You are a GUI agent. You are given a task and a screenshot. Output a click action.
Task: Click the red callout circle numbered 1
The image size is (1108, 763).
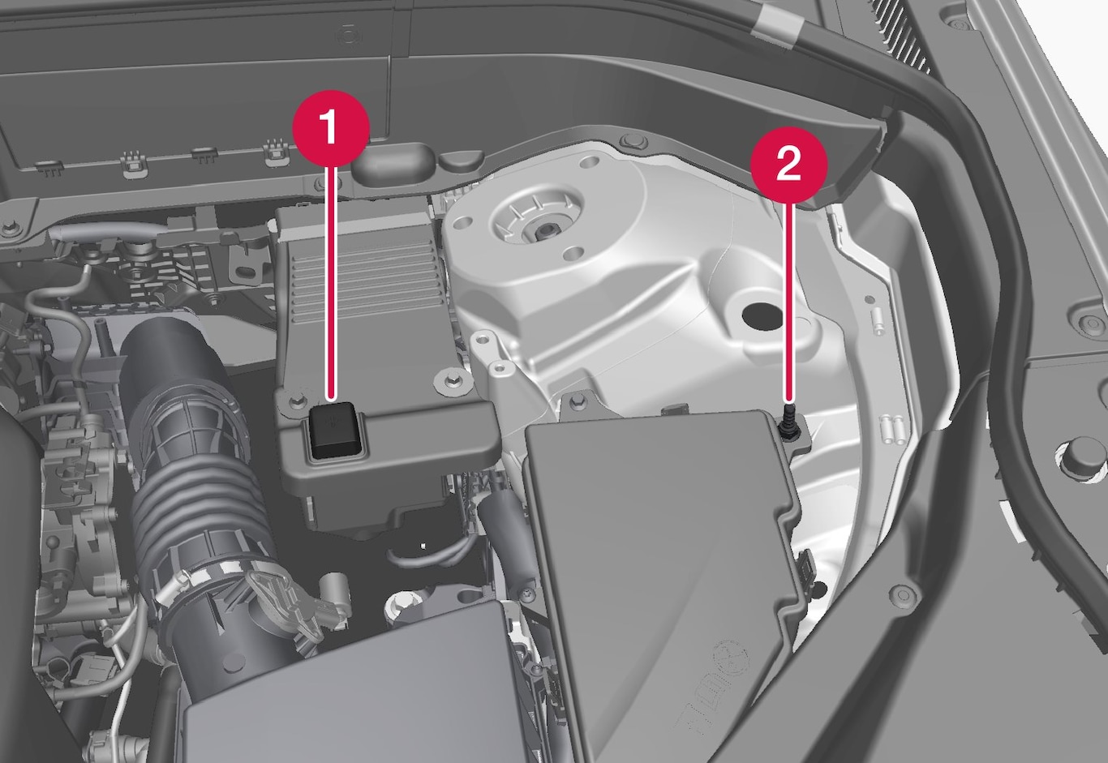331,128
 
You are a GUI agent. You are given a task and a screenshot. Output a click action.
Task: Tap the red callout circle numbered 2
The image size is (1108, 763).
789,165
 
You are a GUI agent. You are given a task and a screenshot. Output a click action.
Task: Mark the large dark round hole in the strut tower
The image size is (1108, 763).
762,315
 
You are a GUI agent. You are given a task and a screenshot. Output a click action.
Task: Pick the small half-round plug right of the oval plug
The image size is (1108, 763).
461,161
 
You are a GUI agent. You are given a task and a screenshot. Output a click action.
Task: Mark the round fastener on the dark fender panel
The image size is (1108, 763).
904,593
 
